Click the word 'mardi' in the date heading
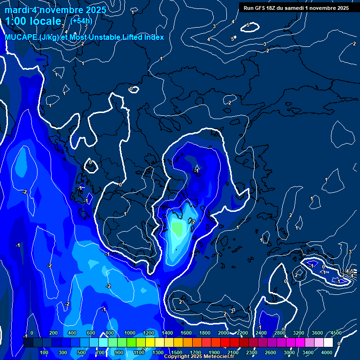point(16,10)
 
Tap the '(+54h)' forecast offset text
point(81,21)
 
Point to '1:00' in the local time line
point(16,22)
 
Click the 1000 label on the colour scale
point(129,333)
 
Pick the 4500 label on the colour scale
point(336,333)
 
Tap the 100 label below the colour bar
point(45,352)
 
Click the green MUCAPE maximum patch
point(177,228)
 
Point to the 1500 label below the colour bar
point(176,352)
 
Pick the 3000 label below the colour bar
point(289,352)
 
